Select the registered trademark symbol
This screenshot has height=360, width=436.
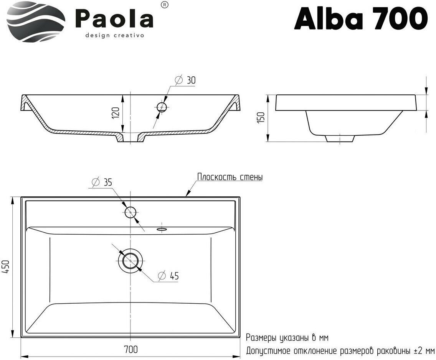click(x=164, y=5)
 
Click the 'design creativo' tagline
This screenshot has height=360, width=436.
click(x=114, y=35)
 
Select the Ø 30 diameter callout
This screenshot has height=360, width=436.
click(x=185, y=80)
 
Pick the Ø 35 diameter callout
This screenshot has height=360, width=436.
click(x=102, y=182)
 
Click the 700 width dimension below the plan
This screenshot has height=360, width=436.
click(x=130, y=350)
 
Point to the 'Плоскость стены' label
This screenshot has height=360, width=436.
click(x=230, y=177)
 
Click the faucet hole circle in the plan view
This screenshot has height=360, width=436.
click(x=131, y=212)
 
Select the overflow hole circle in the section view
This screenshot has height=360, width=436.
click(x=162, y=107)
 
